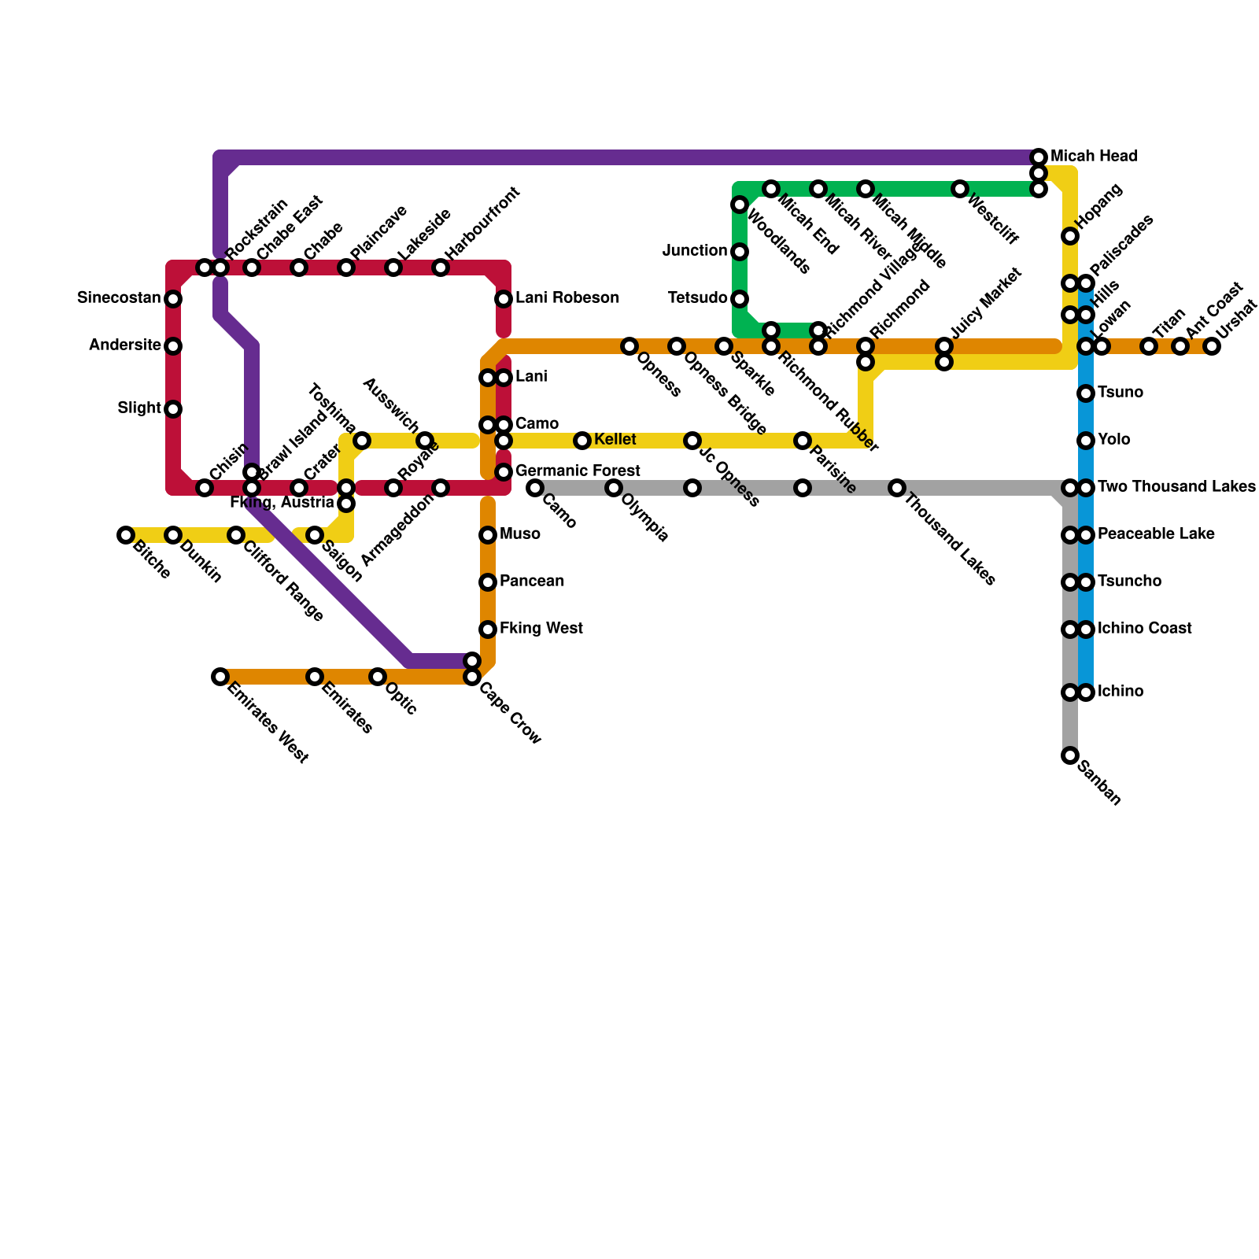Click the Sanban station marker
pyautogui.click(x=1070, y=755)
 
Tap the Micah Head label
pyautogui.click(x=1094, y=157)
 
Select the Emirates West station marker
pyautogui.click(x=220, y=677)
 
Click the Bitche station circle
pyautogui.click(x=126, y=535)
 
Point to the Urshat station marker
pyautogui.click(x=1212, y=346)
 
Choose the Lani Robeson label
pyautogui.click(x=567, y=298)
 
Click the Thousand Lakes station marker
pyautogui.click(x=897, y=488)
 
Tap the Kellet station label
pyautogui.click(x=615, y=440)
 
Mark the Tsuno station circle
pyautogui.click(x=1086, y=393)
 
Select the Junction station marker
pyautogui.click(x=740, y=252)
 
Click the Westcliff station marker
pyautogui.click(x=960, y=189)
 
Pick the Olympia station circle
pyautogui.click(x=614, y=488)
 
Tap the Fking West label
pyautogui.click(x=541, y=629)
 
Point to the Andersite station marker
pyautogui.click(x=173, y=346)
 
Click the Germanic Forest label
pyautogui.click(x=578, y=471)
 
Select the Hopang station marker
pyautogui.click(x=1070, y=236)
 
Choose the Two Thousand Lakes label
pyautogui.click(x=1176, y=487)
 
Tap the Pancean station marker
pyautogui.click(x=488, y=582)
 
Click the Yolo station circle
pyautogui.click(x=1086, y=441)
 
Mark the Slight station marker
pyautogui.click(x=173, y=409)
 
